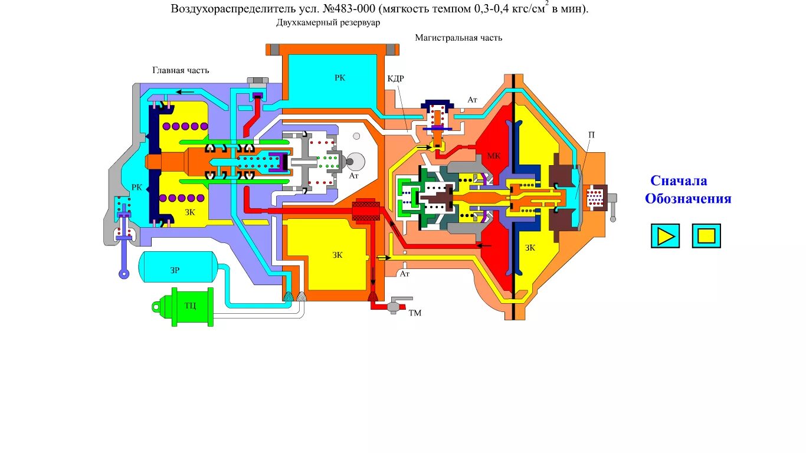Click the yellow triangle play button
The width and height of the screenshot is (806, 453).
(x=665, y=236)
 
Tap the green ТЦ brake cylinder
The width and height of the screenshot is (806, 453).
(x=190, y=307)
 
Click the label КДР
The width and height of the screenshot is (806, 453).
(x=395, y=78)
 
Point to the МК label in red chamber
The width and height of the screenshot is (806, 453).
(x=494, y=156)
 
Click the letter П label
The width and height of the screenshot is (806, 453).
(x=591, y=135)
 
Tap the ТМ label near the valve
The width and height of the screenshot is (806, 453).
(x=415, y=313)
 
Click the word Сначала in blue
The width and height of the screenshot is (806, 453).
(x=679, y=180)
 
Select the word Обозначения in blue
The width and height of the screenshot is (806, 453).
(x=688, y=199)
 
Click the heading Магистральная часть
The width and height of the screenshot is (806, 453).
(x=458, y=38)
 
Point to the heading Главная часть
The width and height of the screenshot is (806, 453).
(x=181, y=70)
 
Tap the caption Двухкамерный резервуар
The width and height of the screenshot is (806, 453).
(x=329, y=22)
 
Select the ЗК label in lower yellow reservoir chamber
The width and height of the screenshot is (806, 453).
(x=337, y=255)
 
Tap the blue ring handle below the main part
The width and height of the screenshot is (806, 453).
(x=124, y=273)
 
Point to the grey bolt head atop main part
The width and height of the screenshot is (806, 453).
(x=258, y=80)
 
